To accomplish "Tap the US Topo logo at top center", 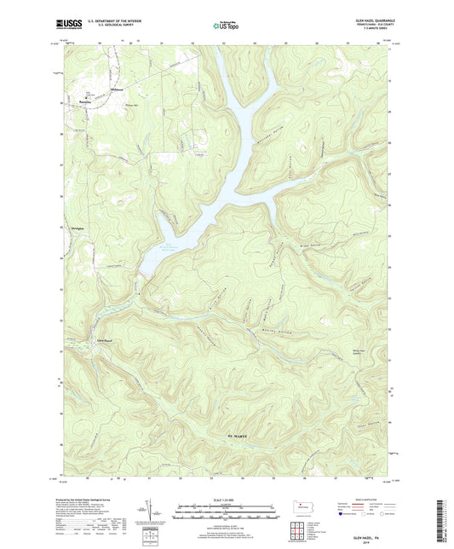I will coord(226,25).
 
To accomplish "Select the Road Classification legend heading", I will coord(359,501).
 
